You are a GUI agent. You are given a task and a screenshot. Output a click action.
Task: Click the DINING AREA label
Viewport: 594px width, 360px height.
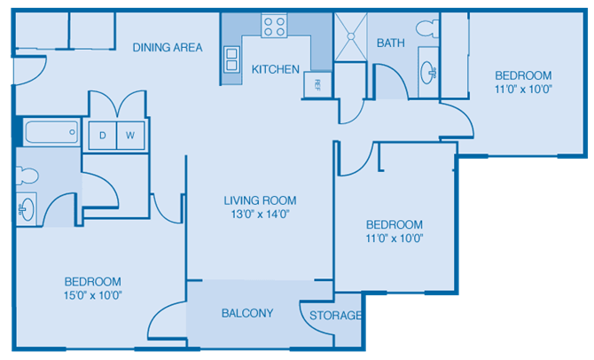point(168,48)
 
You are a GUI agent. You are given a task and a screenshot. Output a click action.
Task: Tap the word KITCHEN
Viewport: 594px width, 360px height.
point(275,69)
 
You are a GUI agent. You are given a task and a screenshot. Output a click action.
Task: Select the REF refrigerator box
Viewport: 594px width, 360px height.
point(317,84)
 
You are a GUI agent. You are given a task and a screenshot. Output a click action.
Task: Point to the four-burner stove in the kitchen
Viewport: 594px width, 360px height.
point(275,26)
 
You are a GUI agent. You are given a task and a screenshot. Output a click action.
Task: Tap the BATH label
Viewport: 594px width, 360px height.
point(391,43)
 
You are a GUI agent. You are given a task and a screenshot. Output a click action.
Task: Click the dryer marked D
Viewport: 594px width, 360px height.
point(102,136)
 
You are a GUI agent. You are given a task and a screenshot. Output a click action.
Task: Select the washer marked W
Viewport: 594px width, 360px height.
point(129,136)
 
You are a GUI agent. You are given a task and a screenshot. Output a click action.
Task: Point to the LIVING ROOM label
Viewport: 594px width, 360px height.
point(260,200)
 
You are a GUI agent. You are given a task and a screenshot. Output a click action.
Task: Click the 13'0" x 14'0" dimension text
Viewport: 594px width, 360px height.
point(260,214)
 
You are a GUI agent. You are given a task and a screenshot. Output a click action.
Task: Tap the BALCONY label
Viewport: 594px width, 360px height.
point(246,313)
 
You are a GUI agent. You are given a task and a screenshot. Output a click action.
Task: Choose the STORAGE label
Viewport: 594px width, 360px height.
point(335,316)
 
